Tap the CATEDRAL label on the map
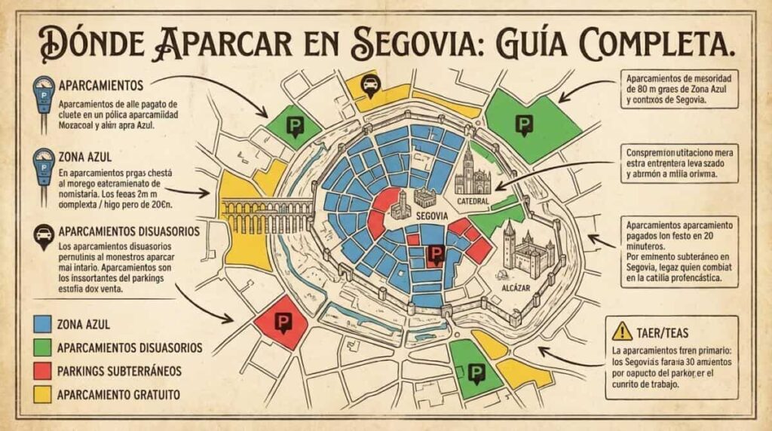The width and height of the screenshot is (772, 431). pyautogui.click(x=473, y=201)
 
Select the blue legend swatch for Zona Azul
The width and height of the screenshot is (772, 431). pyautogui.click(x=43, y=324)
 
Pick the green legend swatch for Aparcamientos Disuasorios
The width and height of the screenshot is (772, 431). pyautogui.click(x=43, y=347)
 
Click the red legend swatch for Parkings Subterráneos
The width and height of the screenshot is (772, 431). pyautogui.click(x=43, y=370)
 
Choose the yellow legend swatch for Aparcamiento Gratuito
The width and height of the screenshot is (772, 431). pyautogui.click(x=43, y=393)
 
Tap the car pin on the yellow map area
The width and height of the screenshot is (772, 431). pyautogui.click(x=371, y=85)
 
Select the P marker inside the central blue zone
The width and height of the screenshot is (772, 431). pyautogui.click(x=434, y=255)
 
